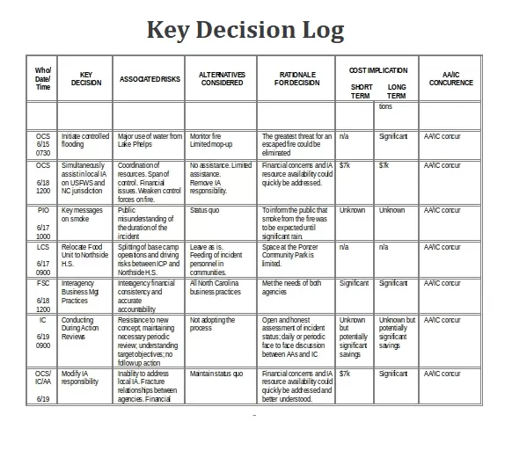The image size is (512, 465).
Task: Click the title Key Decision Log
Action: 245,30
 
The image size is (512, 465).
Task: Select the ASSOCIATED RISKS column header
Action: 150,79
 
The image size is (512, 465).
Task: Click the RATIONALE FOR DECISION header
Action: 297,78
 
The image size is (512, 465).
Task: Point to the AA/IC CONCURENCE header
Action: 450,78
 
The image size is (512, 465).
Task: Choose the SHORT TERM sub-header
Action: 361,91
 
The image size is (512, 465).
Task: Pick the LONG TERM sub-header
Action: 397,91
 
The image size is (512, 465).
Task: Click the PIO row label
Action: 43,211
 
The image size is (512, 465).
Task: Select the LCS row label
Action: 43,248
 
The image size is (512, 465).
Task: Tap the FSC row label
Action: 43,284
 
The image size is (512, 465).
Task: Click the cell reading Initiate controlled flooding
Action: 85,141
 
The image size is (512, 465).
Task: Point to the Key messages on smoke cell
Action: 84,215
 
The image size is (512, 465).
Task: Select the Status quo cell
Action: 204,211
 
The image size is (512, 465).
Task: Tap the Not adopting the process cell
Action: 213,324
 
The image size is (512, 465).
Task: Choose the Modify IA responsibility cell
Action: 81,378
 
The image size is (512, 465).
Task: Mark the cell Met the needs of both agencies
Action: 292,287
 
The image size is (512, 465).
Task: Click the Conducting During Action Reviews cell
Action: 83,329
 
